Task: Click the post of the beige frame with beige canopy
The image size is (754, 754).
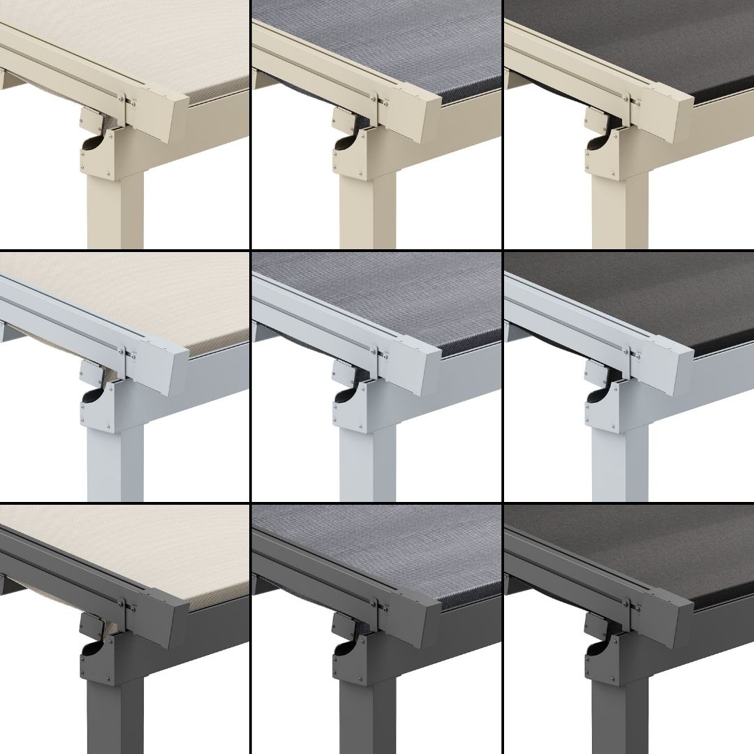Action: click(115, 209)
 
